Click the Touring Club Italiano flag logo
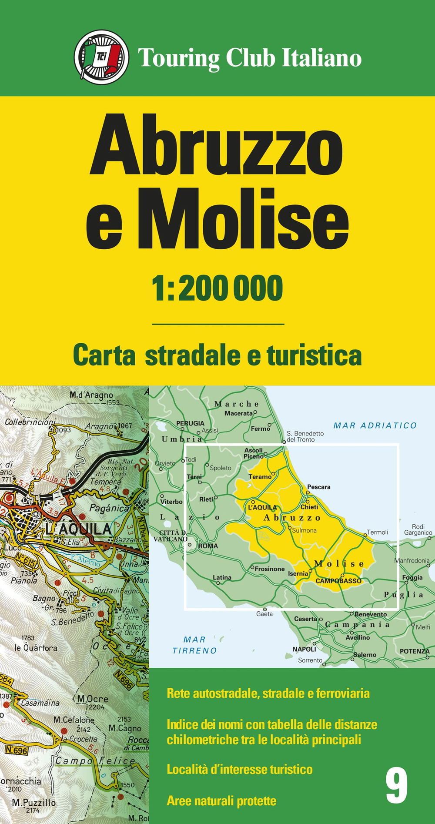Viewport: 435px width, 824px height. (101, 57)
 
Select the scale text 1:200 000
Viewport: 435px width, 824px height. (217, 288)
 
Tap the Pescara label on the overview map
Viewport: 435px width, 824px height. (318, 487)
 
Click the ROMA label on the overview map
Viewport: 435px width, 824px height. (208, 546)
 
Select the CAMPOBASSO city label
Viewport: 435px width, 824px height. (338, 581)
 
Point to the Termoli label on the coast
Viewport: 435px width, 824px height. (377, 532)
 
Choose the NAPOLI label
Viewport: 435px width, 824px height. (304, 649)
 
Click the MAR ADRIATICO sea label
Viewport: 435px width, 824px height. (375, 425)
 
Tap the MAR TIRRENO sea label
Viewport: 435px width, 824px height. (194, 645)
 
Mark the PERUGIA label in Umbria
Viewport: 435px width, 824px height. (190, 423)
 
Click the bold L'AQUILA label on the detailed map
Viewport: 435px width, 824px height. (79, 529)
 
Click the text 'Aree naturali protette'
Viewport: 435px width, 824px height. (221, 801)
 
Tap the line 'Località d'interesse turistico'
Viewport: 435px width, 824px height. (240, 769)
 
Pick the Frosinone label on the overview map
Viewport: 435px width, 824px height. (270, 569)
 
